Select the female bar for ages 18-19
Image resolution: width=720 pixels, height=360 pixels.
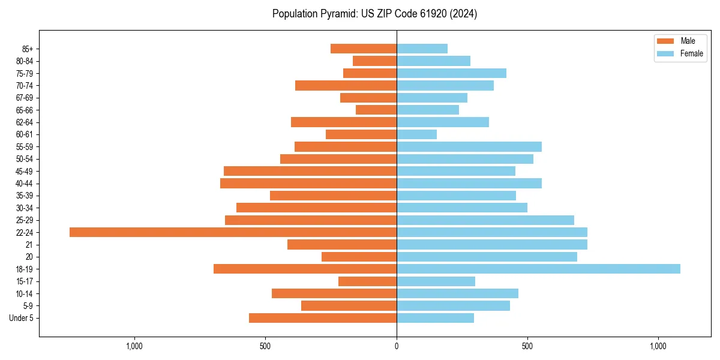tap(538, 269)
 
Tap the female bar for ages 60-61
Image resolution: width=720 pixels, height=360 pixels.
tap(416, 134)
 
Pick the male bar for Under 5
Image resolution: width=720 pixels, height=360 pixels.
tap(323, 318)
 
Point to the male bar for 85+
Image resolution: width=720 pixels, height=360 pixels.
tap(364, 49)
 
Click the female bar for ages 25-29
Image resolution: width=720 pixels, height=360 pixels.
tap(485, 220)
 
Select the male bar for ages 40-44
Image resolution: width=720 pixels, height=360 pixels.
tap(308, 183)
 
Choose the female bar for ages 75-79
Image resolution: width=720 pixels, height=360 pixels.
tap(451, 73)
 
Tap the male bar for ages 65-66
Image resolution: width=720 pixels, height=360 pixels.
tap(376, 110)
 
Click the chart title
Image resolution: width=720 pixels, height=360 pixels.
tap(374, 14)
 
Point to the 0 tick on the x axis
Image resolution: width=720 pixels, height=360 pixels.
tap(397, 346)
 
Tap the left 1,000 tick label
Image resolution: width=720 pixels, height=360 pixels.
tap(134, 346)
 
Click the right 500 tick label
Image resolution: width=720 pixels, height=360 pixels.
tap(527, 346)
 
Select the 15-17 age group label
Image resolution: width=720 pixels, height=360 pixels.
tap(25, 281)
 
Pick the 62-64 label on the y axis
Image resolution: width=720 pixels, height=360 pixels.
tap(25, 122)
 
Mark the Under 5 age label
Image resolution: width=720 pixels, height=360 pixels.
tap(22, 318)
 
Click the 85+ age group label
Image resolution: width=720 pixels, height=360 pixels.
tap(28, 49)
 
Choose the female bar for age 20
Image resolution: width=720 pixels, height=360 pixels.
tap(487, 257)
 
